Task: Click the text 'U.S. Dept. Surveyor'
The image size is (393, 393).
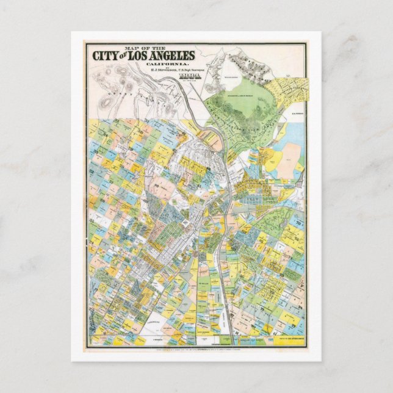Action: (x=178, y=71)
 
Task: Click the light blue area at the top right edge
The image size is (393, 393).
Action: (x=295, y=131)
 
